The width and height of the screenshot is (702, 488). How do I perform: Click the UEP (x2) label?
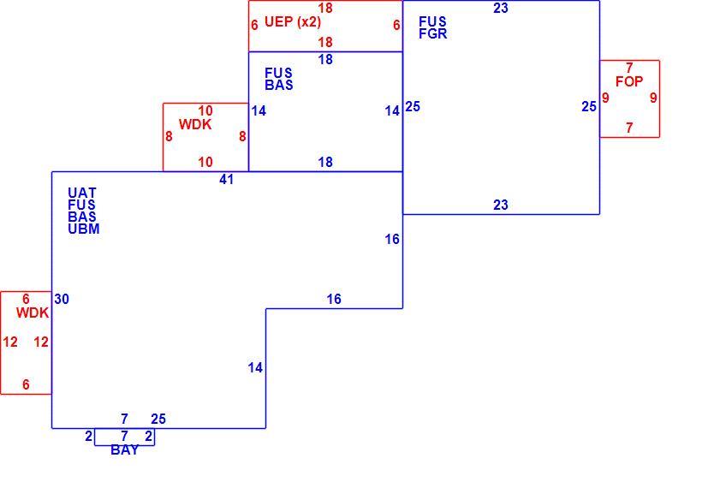[293, 21]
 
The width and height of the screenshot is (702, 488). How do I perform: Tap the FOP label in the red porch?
[629, 81]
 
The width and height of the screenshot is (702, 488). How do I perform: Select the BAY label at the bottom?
[124, 450]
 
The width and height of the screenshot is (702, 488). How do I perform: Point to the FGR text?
[433, 33]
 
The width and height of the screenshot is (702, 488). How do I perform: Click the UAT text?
[82, 193]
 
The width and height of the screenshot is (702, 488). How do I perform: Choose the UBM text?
[84, 229]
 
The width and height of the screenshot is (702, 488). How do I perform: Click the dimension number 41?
[227, 180]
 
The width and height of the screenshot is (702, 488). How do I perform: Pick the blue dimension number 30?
[62, 299]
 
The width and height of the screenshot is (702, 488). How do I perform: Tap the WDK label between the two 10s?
[195, 124]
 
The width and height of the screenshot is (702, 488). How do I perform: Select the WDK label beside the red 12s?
[33, 313]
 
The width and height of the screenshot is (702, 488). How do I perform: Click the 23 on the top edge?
[501, 8]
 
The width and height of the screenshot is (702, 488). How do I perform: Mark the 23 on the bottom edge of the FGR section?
[501, 205]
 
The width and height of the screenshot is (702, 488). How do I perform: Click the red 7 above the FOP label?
[629, 68]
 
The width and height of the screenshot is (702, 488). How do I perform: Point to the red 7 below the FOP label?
[629, 128]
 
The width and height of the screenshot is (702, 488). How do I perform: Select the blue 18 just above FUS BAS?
[325, 60]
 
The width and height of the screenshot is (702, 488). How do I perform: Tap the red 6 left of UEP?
[254, 25]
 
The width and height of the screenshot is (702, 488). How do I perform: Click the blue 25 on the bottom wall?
[158, 419]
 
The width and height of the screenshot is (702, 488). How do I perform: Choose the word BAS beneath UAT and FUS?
[82, 217]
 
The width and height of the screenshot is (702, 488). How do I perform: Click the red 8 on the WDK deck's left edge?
[169, 136]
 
